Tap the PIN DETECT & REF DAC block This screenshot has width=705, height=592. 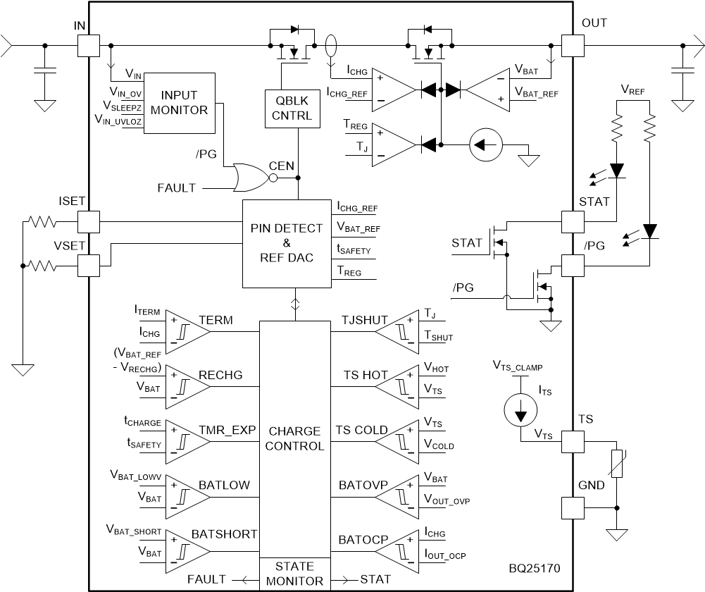coord(287,243)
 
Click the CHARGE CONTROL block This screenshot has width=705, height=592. coord(294,438)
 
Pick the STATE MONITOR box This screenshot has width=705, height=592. coord(294,574)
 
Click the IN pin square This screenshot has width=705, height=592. coord(88,47)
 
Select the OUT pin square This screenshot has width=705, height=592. coord(573,47)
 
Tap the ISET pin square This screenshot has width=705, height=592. coord(88,221)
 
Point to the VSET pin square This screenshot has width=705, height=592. coord(88,266)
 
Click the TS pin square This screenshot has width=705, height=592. coord(573,442)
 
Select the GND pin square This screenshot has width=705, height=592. coord(573,507)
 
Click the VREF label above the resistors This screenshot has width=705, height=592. coord(633,90)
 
